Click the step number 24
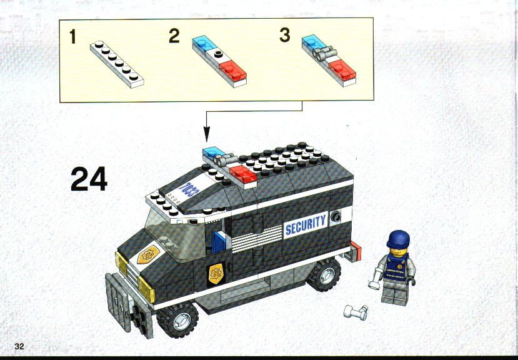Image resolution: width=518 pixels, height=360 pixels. (x=89, y=179)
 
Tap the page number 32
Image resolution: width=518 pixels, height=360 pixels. (x=19, y=346)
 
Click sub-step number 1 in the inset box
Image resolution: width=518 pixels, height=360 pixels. (x=73, y=36)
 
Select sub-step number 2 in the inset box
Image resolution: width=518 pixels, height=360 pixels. (x=174, y=36)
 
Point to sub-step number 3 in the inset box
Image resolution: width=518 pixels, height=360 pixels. (x=285, y=35)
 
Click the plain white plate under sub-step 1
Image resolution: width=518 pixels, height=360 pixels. (x=117, y=64)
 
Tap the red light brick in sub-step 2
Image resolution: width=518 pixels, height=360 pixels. (x=233, y=71)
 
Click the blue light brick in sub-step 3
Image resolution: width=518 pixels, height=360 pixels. (x=314, y=43)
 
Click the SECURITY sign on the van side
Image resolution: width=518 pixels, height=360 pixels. (x=306, y=225)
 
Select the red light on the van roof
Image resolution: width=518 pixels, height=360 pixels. (x=243, y=174)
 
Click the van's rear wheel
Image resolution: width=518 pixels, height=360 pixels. (x=324, y=274)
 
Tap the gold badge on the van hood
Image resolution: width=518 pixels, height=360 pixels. (x=148, y=254)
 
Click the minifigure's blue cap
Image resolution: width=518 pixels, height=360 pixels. (x=399, y=239)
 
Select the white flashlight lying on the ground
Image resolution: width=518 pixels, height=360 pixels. (x=356, y=312)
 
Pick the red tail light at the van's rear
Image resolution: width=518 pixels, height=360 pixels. (x=356, y=251)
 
